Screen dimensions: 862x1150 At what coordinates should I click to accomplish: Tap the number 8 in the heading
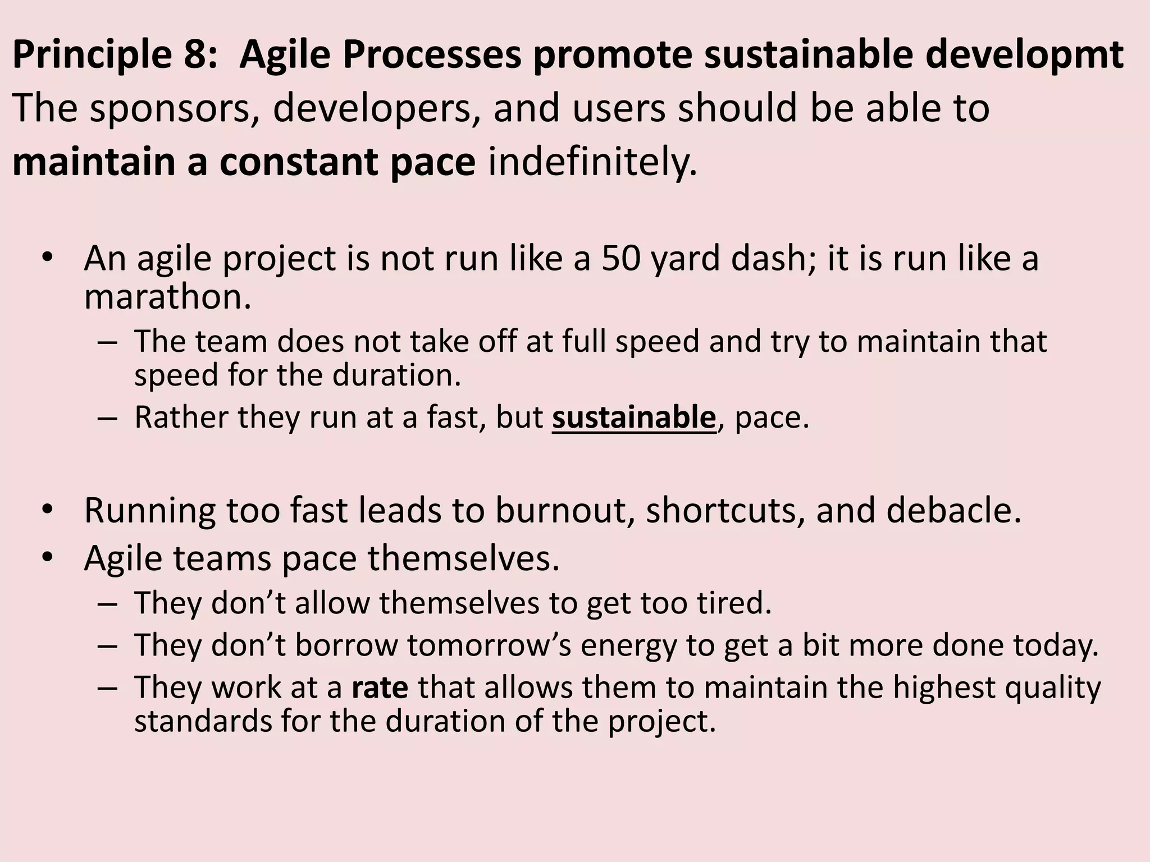(x=200, y=55)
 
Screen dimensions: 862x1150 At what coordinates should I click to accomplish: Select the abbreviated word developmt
(x=1024, y=55)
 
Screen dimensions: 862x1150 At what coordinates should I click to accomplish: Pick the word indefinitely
(x=593, y=162)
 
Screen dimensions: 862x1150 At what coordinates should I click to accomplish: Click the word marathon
(x=167, y=297)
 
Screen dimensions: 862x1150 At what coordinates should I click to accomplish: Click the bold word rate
(x=380, y=687)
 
